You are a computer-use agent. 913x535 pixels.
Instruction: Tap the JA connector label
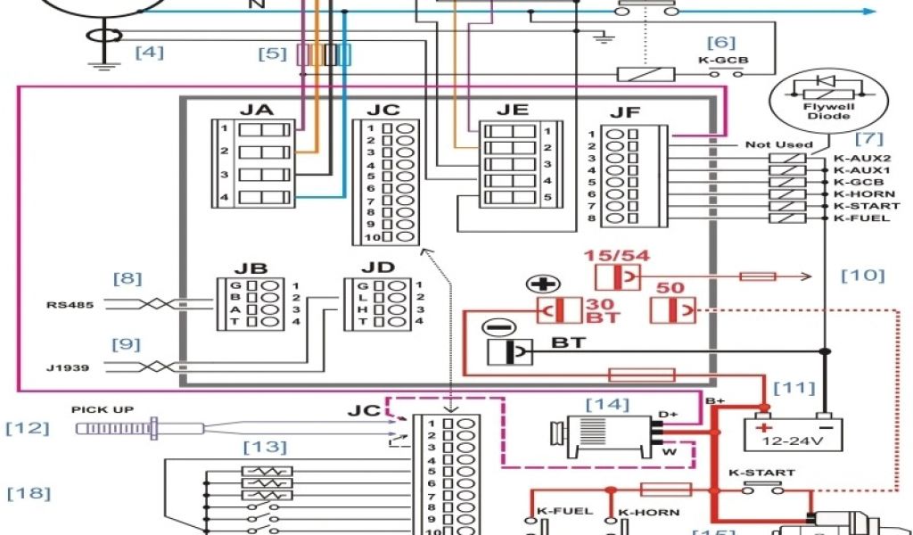256,110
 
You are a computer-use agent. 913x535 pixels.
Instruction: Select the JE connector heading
512,110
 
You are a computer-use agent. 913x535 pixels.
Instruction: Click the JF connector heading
625,113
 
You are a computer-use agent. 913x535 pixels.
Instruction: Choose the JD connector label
377,267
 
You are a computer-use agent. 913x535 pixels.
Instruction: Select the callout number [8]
127,278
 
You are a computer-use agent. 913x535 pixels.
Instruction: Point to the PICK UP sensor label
103,409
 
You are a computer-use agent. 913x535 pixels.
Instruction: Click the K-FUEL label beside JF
855,218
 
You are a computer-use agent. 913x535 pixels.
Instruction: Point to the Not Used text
778,144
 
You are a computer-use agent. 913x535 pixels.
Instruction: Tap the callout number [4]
149,52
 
